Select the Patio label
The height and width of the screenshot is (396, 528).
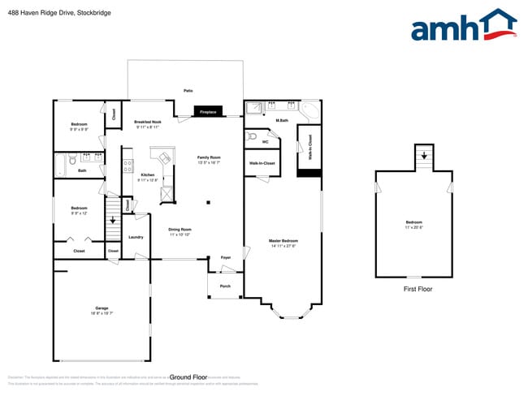[188, 92]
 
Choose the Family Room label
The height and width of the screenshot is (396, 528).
[209, 160]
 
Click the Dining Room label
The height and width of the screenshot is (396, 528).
[180, 231]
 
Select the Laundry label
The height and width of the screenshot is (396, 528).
[136, 237]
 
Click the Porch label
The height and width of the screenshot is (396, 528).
[225, 286]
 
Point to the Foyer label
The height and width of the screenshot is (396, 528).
[226, 257]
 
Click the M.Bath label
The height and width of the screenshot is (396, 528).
[283, 121]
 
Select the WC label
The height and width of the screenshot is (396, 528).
[265, 142]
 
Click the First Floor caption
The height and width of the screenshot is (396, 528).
[418, 289]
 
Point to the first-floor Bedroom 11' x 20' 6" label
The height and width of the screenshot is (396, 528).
[414, 225]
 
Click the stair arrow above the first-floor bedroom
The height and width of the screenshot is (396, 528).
[423, 155]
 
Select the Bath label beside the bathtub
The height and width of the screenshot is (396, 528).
[82, 171]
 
